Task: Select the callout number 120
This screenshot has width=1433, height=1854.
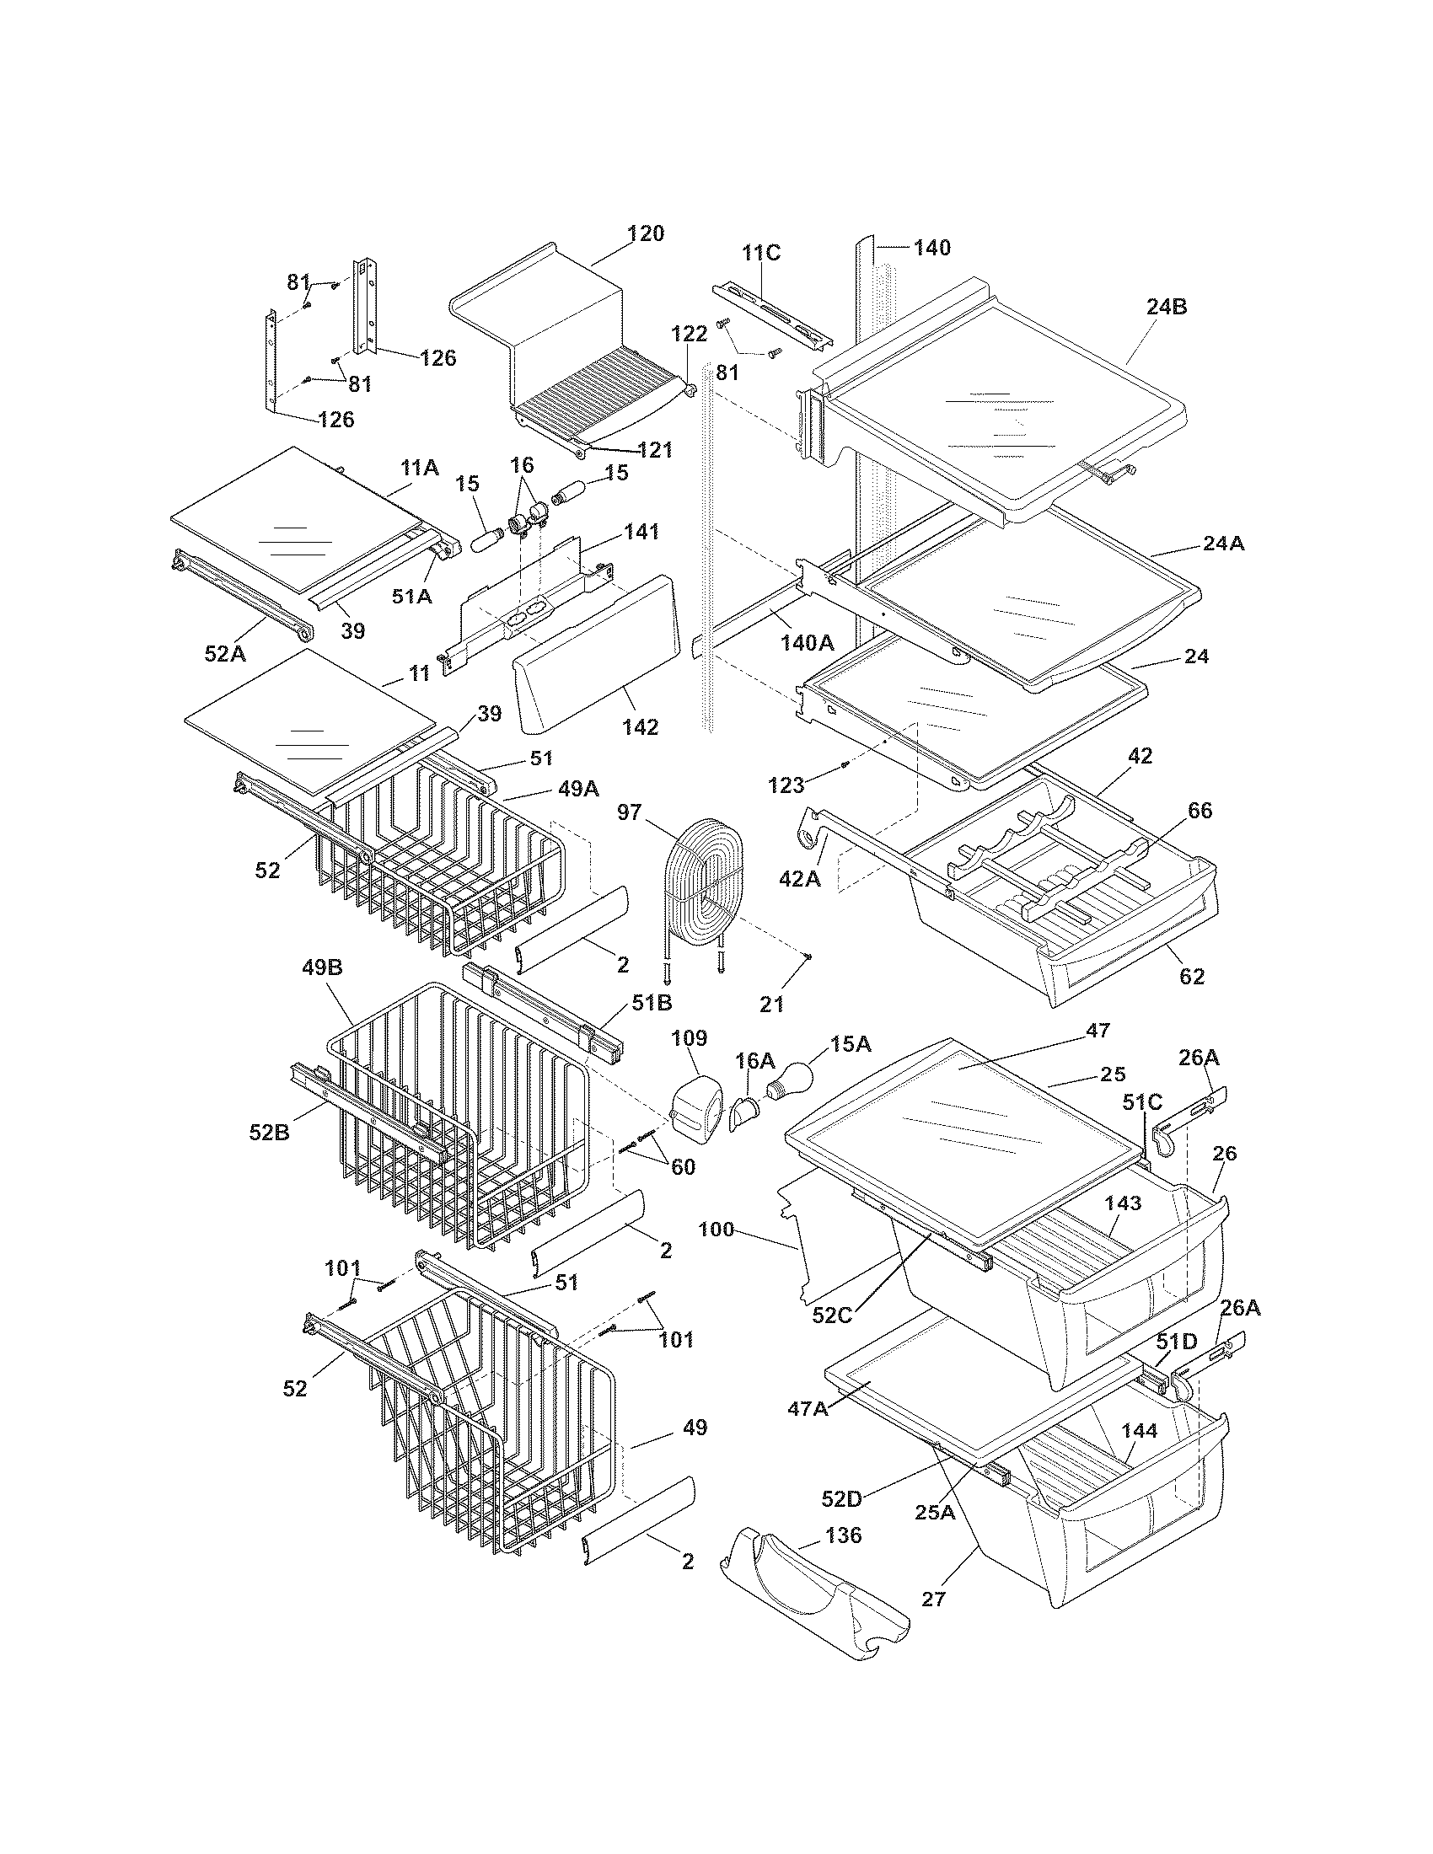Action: pyautogui.click(x=645, y=233)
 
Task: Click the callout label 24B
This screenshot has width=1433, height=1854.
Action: pyautogui.click(x=1167, y=308)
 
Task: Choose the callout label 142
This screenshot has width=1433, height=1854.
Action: pyautogui.click(x=640, y=727)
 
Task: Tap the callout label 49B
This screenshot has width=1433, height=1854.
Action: pyautogui.click(x=323, y=967)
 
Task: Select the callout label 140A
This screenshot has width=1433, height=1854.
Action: pyautogui.click(x=808, y=643)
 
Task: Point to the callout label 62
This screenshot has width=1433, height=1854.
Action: pyautogui.click(x=1192, y=976)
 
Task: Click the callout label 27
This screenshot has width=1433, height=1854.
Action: pyautogui.click(x=933, y=1599)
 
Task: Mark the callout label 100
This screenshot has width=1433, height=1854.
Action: pyautogui.click(x=716, y=1229)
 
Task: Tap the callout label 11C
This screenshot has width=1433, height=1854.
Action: pyautogui.click(x=760, y=253)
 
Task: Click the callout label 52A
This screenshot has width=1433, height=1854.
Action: pyautogui.click(x=225, y=653)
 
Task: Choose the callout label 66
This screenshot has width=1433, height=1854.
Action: pyautogui.click(x=1200, y=811)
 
